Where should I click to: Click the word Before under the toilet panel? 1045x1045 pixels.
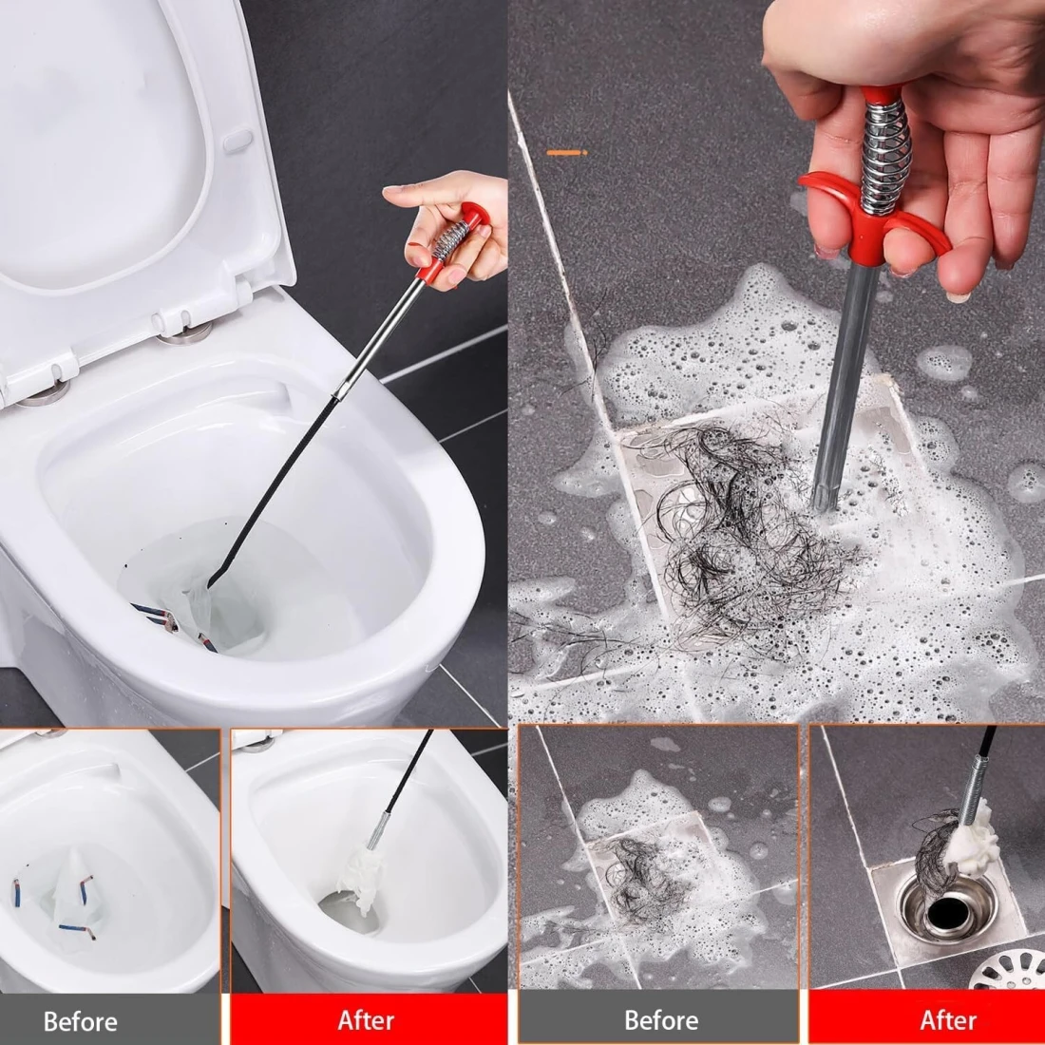(x=81, y=1021)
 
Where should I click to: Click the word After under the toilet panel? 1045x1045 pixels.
(x=366, y=1020)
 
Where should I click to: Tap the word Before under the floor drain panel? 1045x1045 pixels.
(x=661, y=1020)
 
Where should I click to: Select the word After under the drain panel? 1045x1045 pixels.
(x=948, y=1020)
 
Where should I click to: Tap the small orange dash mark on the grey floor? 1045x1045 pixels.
(x=566, y=153)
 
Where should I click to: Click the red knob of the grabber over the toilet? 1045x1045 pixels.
(x=474, y=214)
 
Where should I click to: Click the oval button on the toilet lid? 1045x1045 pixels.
(x=237, y=141)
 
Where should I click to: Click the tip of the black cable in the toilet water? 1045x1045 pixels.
(x=212, y=584)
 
